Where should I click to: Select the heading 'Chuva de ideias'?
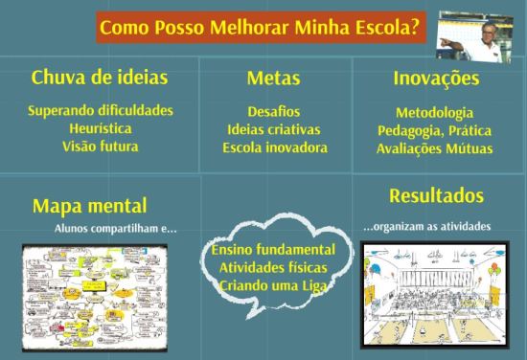100,77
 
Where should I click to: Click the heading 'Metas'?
273,79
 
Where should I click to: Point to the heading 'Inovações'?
436,79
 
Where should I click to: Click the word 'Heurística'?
101,127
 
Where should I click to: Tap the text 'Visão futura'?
101,146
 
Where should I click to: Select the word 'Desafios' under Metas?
274,111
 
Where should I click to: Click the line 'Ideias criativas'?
274,129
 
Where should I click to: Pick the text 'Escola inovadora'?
274,148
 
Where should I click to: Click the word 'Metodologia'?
434,112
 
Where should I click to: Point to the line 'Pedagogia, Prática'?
434,130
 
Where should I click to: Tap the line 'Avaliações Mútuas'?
434,148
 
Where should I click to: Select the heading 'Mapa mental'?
90,206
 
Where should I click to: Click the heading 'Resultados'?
436,196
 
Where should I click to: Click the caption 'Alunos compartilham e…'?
116,229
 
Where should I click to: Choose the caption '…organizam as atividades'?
426,226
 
